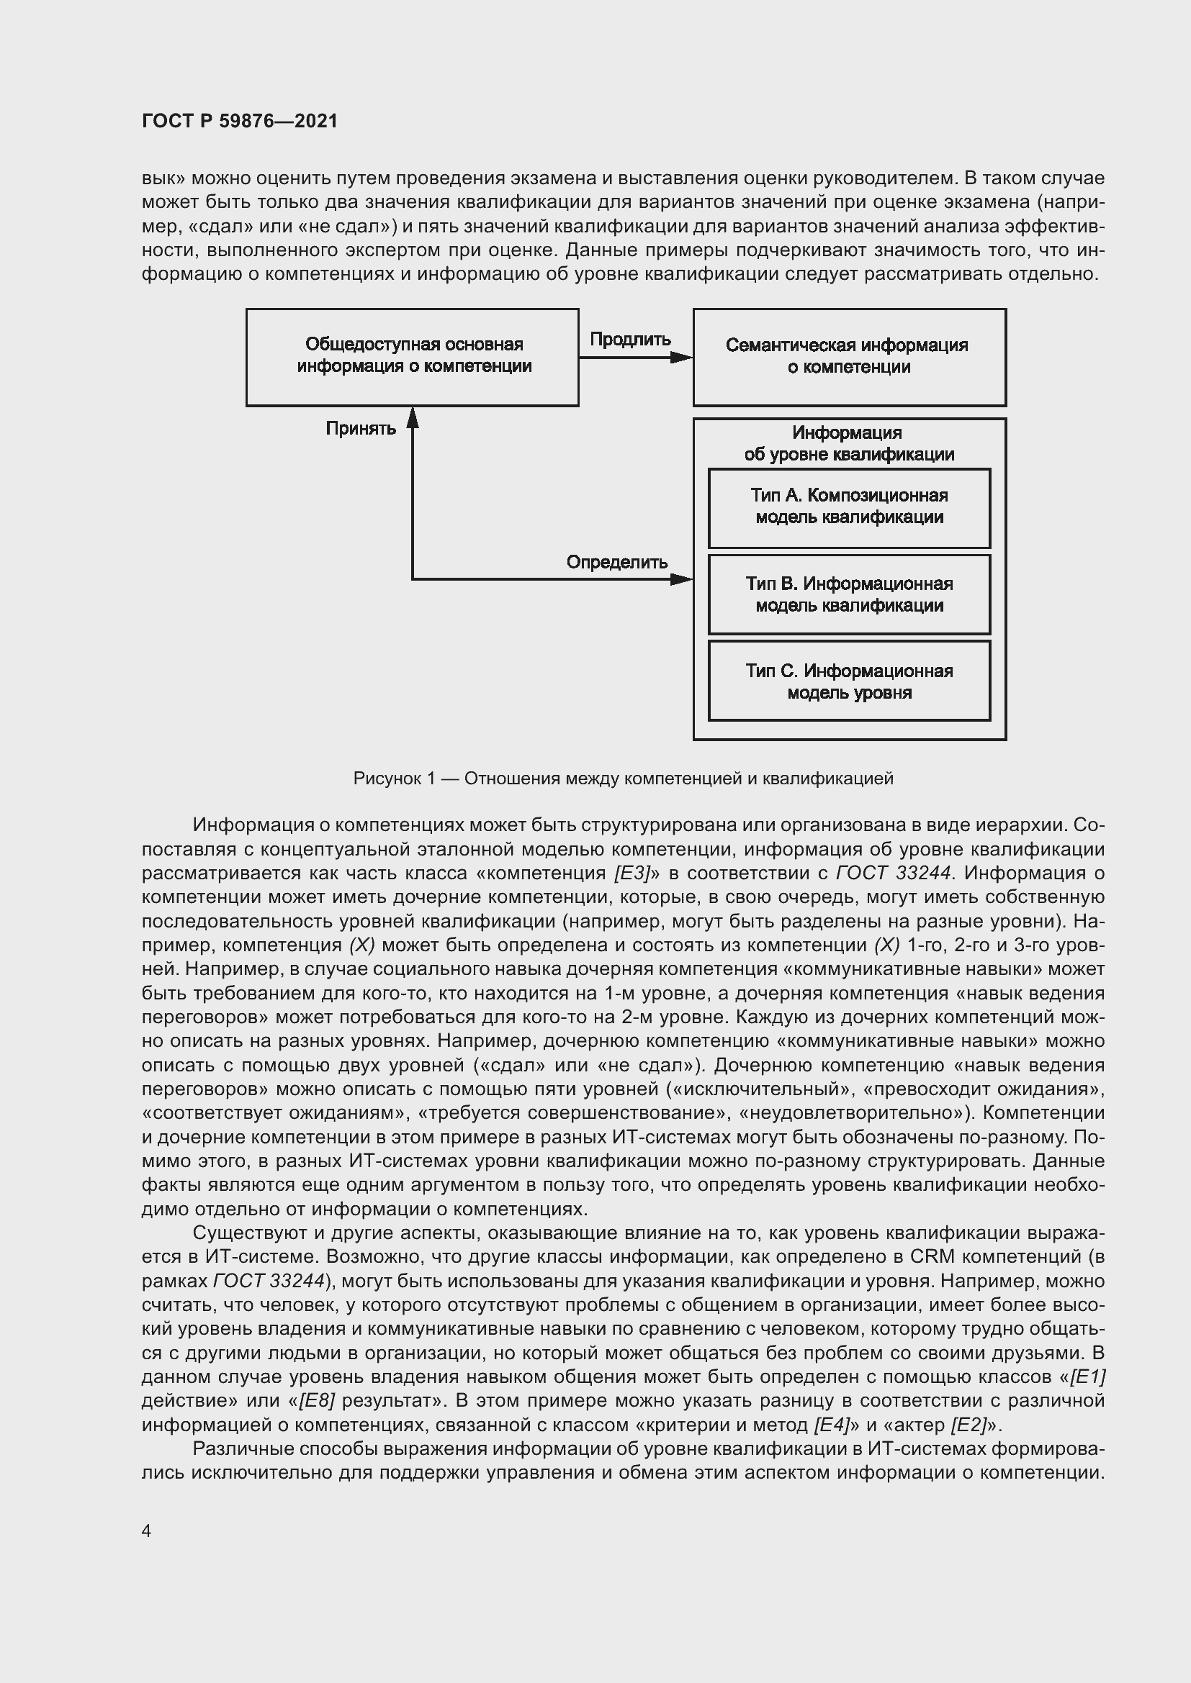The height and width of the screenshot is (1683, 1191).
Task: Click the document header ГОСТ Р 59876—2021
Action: (240, 121)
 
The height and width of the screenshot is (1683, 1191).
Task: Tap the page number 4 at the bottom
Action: (147, 1530)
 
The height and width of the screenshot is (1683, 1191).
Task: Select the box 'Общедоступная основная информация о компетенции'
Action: (413, 356)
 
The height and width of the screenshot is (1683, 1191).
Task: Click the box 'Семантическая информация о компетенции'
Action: (849, 356)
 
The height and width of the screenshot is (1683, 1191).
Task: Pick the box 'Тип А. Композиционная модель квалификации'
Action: (849, 507)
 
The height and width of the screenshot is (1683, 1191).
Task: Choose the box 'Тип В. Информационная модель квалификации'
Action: (849, 594)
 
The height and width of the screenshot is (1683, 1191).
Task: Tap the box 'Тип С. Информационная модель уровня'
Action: (849, 681)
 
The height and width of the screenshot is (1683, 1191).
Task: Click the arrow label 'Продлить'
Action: (630, 340)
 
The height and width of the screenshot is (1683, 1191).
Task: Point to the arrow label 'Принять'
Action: (361, 428)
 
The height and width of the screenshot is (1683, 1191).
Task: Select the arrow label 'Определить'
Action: (617, 562)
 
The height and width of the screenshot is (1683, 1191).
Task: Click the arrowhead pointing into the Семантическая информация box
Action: (682, 358)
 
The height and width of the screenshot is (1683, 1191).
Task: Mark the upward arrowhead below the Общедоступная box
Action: (413, 418)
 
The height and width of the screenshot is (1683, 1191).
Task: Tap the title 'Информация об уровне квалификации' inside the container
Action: (849, 443)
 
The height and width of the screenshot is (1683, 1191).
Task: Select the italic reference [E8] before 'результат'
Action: (317, 1401)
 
